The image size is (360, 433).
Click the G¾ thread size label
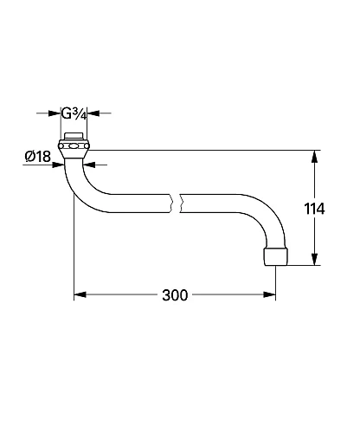click(x=74, y=113)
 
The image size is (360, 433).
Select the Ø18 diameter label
click(x=36, y=157)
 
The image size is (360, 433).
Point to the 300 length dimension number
click(x=175, y=295)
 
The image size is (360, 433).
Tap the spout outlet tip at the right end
click(x=275, y=258)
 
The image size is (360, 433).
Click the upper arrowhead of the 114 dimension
click(x=313, y=156)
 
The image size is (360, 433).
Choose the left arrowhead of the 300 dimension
click(x=78, y=295)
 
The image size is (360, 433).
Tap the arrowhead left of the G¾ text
click(x=58, y=113)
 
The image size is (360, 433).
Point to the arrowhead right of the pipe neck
click(x=89, y=164)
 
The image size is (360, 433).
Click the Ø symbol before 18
click(x=29, y=157)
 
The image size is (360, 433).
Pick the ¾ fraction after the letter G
click(x=80, y=113)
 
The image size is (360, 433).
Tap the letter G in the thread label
click(x=67, y=113)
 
